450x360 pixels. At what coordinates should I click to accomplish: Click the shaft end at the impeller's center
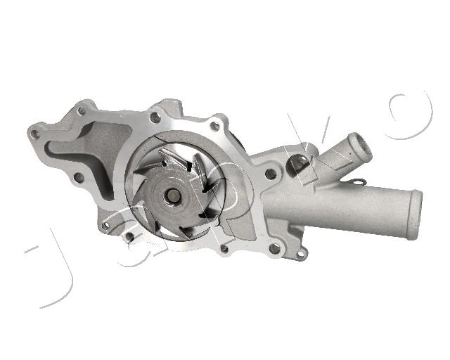coord(173,195)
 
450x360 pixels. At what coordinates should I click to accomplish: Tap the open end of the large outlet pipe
coord(414,214)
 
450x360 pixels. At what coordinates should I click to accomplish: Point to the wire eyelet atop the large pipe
coord(359,181)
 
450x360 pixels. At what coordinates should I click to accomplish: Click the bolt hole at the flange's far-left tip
coord(34,134)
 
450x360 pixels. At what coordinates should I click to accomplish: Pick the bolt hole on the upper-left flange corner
coord(82,111)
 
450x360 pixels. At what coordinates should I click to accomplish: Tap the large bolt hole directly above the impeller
coord(155,117)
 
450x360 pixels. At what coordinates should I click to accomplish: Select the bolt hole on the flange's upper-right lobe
coord(214,126)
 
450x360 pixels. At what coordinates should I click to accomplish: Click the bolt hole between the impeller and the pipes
coord(270,174)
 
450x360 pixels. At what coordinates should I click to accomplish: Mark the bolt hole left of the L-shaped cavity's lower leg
coord(79,178)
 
